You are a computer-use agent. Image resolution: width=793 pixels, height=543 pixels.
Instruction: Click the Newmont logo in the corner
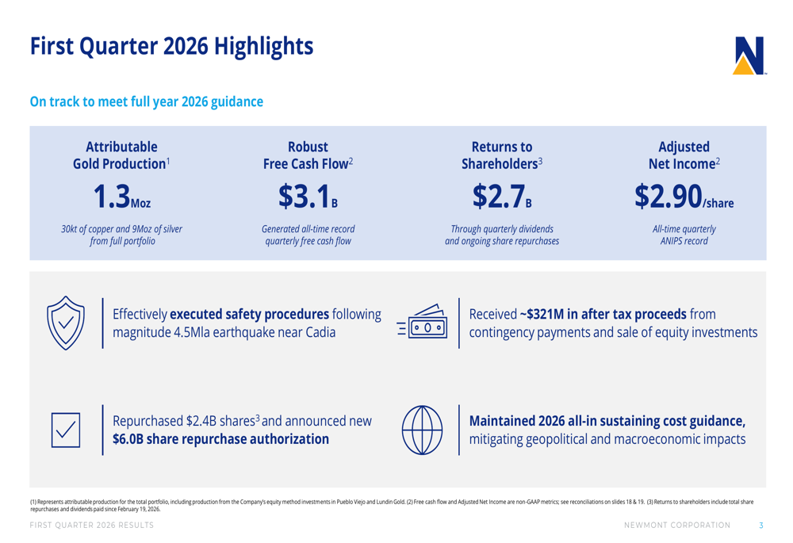749,55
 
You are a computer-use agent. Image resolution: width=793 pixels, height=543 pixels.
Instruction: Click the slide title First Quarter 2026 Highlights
171,46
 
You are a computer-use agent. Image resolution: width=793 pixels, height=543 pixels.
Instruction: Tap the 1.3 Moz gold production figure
121,196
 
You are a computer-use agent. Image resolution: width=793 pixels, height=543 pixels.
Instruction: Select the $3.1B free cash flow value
308,196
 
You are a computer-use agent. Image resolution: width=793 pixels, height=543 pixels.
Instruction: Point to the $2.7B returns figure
502,196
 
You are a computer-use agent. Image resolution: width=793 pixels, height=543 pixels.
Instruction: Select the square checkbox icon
67,429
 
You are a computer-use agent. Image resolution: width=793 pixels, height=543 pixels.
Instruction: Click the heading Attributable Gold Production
121,155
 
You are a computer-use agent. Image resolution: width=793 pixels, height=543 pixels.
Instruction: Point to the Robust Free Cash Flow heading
308,155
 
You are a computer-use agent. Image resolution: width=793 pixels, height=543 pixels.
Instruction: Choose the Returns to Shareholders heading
502,155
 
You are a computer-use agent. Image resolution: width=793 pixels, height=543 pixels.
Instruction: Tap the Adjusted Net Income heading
684,155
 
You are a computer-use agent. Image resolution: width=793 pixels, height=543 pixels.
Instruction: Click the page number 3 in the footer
760,525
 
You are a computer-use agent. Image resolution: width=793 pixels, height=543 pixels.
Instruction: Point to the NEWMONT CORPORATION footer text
677,525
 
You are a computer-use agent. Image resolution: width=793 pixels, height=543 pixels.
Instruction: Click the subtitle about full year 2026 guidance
147,101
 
